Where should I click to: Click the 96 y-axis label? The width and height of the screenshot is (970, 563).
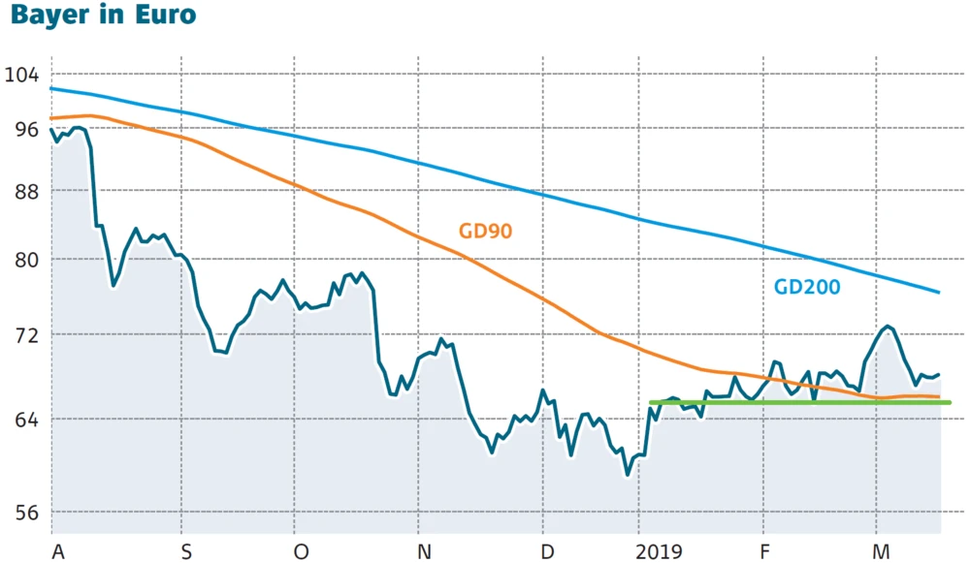(x=21, y=129)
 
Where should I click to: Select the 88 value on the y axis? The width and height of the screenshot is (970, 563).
(x=21, y=191)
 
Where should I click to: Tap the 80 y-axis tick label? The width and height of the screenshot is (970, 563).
(x=21, y=260)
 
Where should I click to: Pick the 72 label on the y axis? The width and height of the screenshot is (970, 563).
(x=21, y=334)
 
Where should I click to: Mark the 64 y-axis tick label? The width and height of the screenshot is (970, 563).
(x=21, y=419)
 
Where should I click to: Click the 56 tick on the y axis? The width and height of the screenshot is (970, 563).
(x=21, y=511)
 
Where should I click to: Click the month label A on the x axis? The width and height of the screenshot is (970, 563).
(x=58, y=551)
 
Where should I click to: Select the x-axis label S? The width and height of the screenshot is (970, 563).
(x=186, y=551)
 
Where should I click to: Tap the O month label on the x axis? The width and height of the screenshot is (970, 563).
(x=302, y=551)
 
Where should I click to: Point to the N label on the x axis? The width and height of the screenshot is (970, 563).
(x=425, y=551)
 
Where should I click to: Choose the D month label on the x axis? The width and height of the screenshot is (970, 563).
(x=549, y=551)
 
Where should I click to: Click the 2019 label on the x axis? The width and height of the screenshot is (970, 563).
(x=661, y=551)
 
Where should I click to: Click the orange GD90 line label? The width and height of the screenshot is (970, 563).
(x=485, y=231)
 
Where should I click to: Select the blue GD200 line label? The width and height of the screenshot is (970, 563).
(x=806, y=287)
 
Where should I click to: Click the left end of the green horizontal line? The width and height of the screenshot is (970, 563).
(x=651, y=402)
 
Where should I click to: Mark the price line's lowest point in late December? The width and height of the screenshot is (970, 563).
(x=628, y=475)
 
